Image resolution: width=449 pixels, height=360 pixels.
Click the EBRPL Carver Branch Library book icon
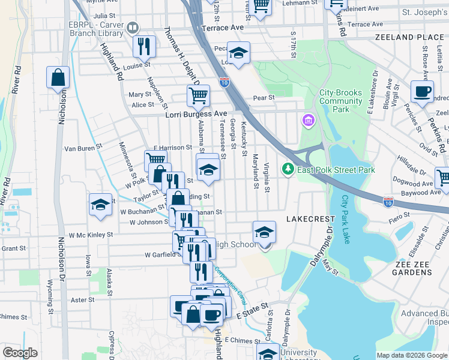pyautogui.click(x=132, y=28)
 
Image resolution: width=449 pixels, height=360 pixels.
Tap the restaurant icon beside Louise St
pyautogui.click(x=144, y=46)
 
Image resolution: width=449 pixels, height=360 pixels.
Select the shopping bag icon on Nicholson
pyautogui.click(x=58, y=77)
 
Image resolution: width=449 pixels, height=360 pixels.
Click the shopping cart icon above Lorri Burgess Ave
pyautogui.click(x=197, y=95)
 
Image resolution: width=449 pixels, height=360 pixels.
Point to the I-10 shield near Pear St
pyautogui.click(x=224, y=81)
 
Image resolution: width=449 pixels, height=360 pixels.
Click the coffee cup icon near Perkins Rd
pyautogui.click(x=422, y=92)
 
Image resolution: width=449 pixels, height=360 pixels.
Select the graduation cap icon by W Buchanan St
pyautogui.click(x=100, y=205)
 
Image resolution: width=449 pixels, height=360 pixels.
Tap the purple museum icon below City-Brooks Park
pyautogui.click(x=309, y=122)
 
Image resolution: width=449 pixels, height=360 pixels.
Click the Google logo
pyautogui.click(x=20, y=353)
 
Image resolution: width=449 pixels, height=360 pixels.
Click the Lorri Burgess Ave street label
pyautogui.click(x=196, y=113)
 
